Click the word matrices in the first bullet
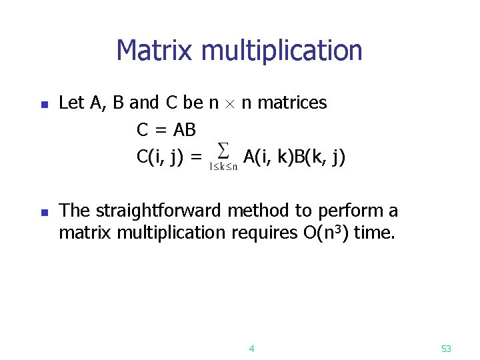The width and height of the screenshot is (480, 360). [292, 103]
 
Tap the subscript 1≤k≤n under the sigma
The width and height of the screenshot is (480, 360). [223, 167]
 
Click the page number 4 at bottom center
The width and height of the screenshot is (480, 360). [251, 349]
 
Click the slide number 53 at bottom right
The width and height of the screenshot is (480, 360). [446, 349]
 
